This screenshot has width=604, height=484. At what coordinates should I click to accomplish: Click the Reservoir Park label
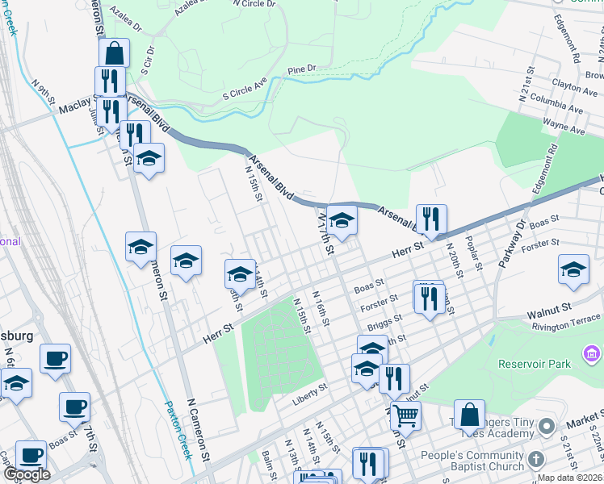click(534, 363)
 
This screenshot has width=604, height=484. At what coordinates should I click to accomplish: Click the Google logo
click(27, 474)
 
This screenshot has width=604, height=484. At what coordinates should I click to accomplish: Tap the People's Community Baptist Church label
click(472, 461)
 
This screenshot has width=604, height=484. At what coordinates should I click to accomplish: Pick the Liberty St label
click(310, 388)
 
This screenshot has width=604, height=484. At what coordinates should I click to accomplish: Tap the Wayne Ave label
click(564, 124)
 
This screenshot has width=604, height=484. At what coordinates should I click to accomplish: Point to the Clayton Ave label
click(574, 82)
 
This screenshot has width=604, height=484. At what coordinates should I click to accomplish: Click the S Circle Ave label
click(245, 93)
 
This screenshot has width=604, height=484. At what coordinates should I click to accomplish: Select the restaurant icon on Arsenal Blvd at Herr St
click(431, 219)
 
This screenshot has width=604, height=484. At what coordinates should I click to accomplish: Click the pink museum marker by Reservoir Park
click(592, 353)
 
